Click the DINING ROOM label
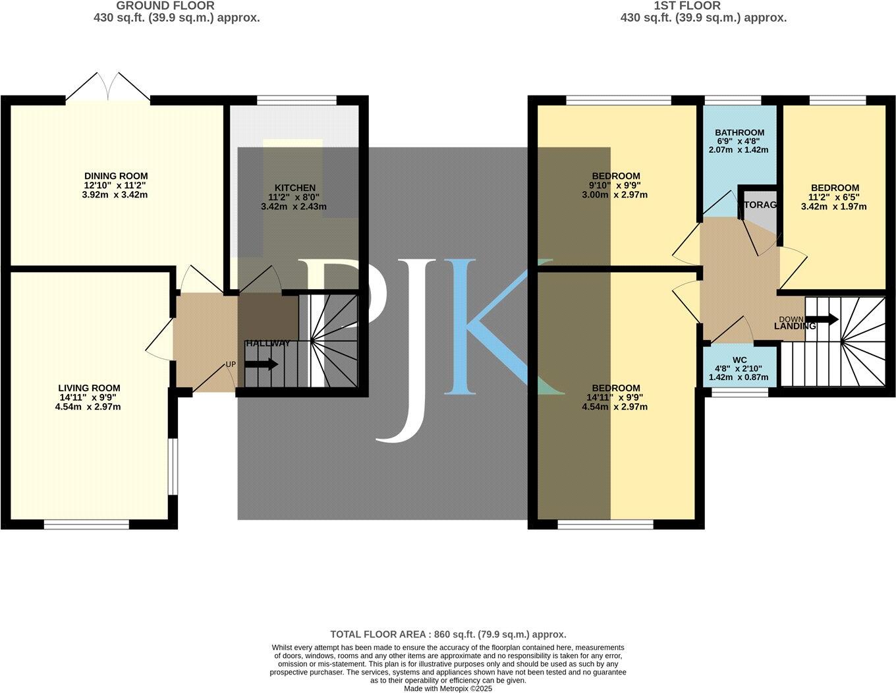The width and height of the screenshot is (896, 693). point(116,176)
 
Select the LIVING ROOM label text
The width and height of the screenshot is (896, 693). point(89,388)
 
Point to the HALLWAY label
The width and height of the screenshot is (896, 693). point(267,343)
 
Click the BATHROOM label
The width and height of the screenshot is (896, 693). point(739,132)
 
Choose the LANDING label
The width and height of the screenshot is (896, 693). point(795,326)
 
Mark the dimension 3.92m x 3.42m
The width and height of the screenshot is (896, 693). point(116,195)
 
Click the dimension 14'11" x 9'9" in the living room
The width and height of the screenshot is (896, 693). point(89,397)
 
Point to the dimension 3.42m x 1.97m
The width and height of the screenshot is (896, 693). point(834,206)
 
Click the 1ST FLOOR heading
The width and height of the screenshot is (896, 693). point(687,6)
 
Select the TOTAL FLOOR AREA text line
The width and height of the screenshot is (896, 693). point(448,634)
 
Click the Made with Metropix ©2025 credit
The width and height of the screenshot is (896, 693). point(448,688)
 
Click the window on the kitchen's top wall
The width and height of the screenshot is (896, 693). point(296,100)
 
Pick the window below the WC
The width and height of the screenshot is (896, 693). point(739,392)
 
